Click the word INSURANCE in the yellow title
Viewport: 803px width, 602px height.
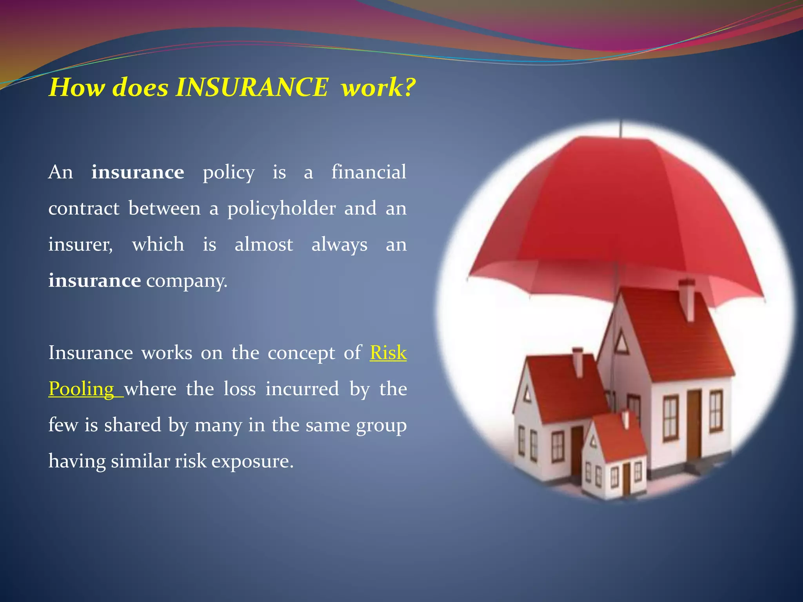coord(251,87)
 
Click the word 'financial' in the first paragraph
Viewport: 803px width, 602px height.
coord(369,172)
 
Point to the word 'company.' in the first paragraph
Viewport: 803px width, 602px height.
coord(187,281)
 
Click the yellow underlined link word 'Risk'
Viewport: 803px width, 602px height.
coord(388,353)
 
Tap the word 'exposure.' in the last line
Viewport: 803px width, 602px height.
coord(253,461)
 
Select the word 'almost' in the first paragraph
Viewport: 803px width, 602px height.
coord(263,245)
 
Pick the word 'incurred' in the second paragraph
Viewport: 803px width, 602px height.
coord(302,389)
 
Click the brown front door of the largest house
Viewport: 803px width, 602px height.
coord(694,425)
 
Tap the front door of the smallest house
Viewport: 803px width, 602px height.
coord(627,478)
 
